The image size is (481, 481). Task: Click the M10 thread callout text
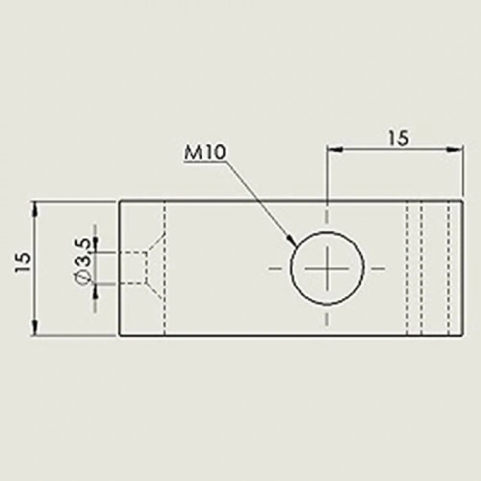pyautogui.click(x=205, y=153)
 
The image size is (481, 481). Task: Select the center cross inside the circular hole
pyautogui.click(x=327, y=267)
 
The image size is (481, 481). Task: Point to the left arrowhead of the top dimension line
pyautogui.click(x=333, y=148)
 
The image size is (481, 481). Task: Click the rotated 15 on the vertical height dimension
pyautogui.click(x=23, y=262)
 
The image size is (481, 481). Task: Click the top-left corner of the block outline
pyautogui.click(x=120, y=201)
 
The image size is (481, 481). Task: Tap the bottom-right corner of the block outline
pyautogui.click(x=460, y=335)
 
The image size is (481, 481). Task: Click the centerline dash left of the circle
pyautogui.click(x=276, y=267)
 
